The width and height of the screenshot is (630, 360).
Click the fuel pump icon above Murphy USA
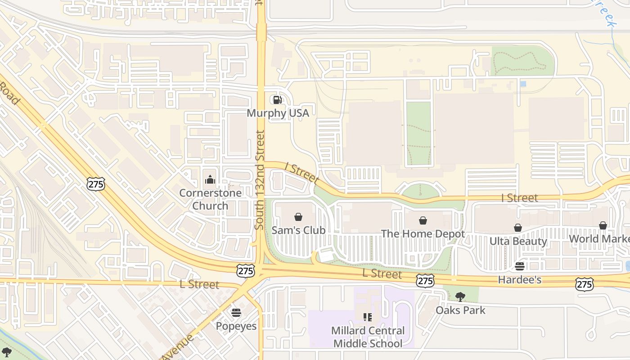point(278,99)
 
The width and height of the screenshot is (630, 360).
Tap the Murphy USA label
point(278,113)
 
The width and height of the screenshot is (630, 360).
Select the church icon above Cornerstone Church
point(210,180)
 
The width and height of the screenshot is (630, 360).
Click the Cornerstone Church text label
point(210,199)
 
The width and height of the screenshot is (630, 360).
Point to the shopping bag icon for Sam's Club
point(298,217)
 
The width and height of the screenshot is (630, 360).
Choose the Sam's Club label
point(298,230)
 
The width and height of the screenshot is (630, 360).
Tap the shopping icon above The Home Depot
point(423,220)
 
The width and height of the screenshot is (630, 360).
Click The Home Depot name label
point(423,234)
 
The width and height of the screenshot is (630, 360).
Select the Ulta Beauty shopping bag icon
point(518,228)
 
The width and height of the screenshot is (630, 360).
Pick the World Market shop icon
point(603,225)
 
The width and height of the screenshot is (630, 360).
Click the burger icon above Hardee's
point(520,266)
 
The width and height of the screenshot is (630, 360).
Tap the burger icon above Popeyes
point(236,313)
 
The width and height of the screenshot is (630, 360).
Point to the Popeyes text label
point(236,326)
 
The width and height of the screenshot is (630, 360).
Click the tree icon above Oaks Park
point(460,297)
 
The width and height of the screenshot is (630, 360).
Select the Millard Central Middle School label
point(368,337)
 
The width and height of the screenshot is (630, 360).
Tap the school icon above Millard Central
point(368,317)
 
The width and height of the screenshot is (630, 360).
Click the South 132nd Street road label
point(259,180)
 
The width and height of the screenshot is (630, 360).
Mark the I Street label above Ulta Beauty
point(519,198)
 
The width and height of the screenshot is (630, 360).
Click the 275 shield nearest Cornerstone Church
point(96,183)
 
